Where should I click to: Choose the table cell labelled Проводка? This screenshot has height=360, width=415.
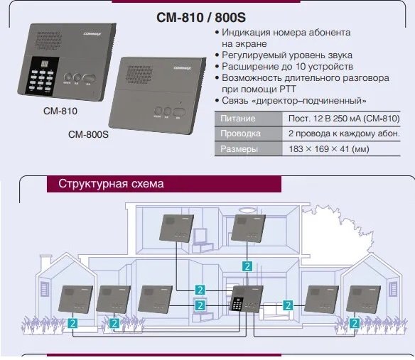239,133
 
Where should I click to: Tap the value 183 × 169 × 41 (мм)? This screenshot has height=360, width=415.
328,149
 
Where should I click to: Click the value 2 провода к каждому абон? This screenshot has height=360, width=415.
344,133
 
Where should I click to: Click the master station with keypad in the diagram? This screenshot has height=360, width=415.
245,300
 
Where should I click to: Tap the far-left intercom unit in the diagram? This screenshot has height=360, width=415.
76,300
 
